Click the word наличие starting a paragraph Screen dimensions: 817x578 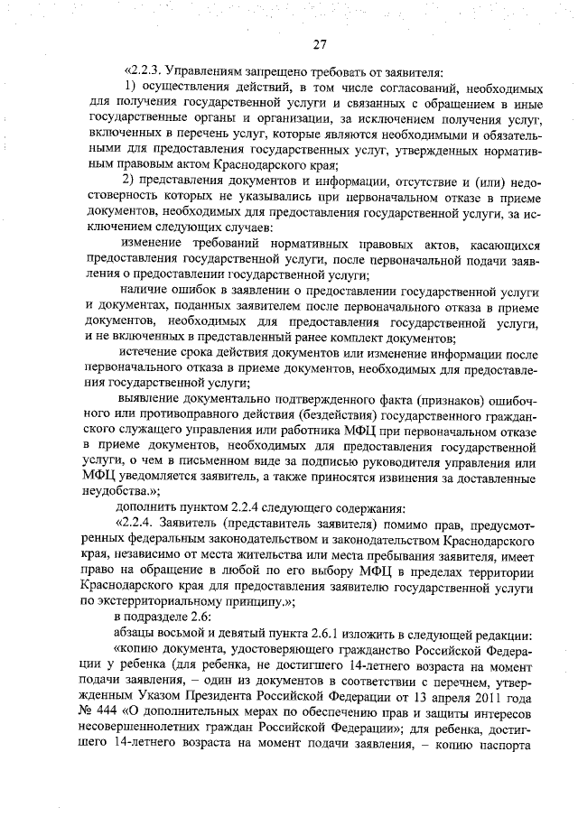point(147,291)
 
